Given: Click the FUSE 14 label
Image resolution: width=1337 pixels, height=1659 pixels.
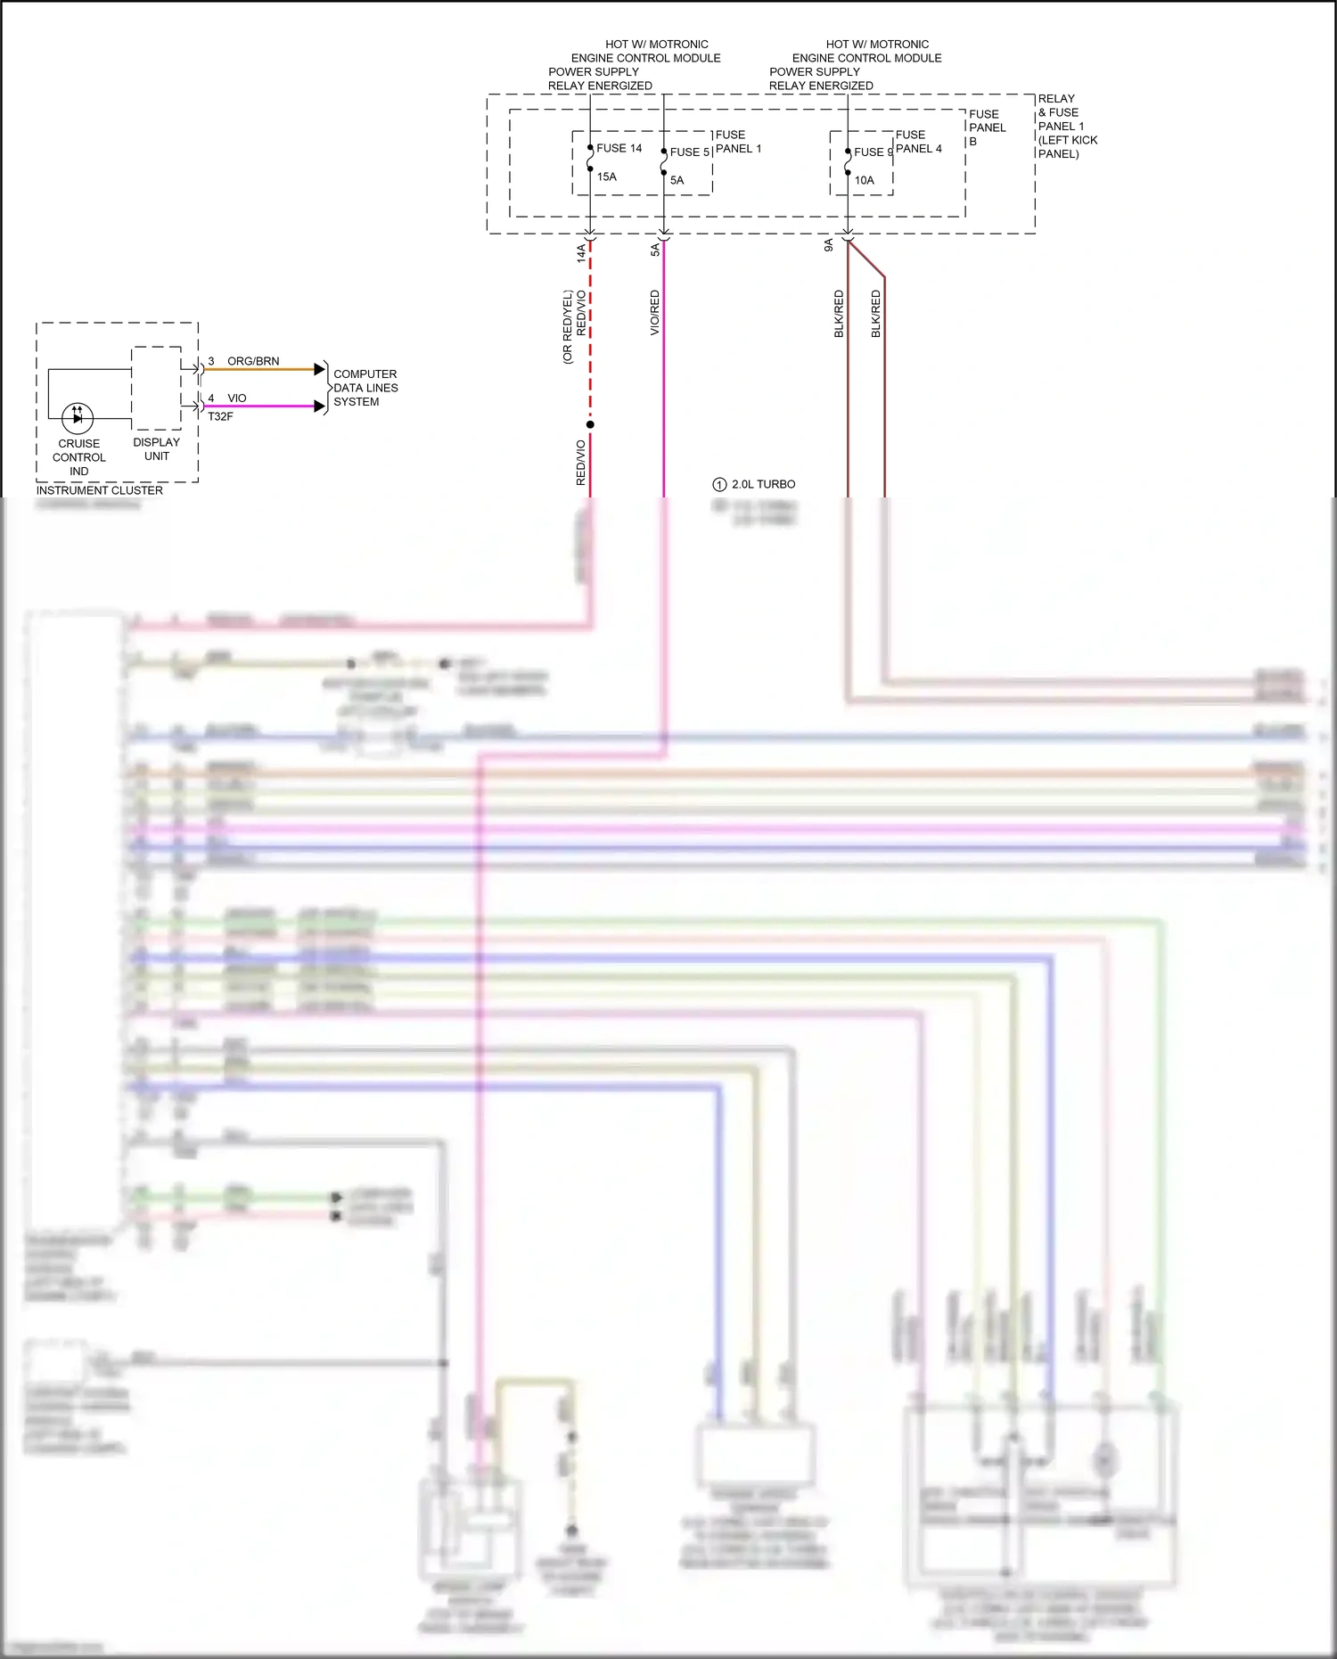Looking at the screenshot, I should click(x=619, y=148).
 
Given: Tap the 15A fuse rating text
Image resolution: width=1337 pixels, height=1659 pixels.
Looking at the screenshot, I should click(x=607, y=177).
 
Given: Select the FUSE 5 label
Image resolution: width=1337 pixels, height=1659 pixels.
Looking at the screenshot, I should click(x=689, y=152).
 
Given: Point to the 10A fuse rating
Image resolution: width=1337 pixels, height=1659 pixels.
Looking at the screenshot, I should click(x=864, y=180).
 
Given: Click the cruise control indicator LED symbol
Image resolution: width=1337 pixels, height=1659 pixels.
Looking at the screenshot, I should click(x=78, y=417).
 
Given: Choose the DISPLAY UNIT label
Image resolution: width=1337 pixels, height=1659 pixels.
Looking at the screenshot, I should click(x=156, y=448).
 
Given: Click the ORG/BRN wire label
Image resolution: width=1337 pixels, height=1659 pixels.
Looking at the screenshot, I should click(x=253, y=361).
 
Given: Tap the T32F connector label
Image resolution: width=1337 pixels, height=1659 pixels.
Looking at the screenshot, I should click(x=220, y=416).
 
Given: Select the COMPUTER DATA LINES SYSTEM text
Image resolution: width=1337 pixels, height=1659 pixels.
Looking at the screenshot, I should click(x=365, y=388).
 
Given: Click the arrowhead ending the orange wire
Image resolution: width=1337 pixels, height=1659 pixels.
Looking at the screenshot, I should click(x=320, y=369).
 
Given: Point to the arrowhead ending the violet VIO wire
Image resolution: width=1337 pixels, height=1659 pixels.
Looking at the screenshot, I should click(x=320, y=407).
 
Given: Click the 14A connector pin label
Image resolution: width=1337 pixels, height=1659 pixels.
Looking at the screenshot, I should click(x=581, y=252).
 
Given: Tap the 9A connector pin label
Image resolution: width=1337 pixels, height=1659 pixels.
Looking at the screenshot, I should click(x=828, y=245).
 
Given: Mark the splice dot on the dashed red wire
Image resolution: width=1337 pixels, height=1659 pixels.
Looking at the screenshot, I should click(x=590, y=424).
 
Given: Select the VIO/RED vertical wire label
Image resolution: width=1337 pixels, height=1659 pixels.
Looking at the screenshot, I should click(x=654, y=313).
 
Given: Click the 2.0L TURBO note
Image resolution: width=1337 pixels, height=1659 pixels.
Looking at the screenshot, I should click(x=763, y=484).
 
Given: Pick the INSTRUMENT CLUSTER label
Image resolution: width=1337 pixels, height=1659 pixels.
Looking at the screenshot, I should click(x=100, y=490).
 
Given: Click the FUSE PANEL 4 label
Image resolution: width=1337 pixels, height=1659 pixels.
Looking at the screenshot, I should click(x=918, y=142).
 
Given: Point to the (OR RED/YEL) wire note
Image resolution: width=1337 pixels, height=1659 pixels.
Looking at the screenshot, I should click(x=567, y=327).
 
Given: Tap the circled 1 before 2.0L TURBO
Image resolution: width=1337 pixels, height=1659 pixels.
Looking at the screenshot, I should click(x=719, y=485).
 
